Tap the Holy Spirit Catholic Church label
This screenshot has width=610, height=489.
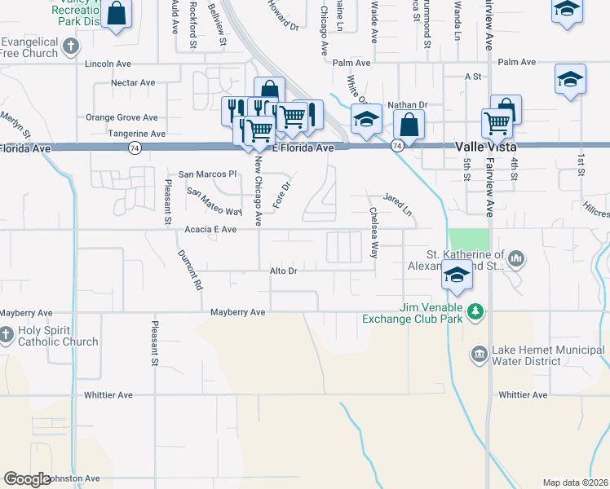point(55,336)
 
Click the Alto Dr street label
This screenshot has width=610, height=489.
point(282,270)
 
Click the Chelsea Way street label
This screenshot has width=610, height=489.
point(374,231)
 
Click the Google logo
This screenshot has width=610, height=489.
point(26,479)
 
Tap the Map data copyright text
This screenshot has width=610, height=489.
point(574,482)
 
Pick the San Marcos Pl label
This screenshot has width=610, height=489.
point(207,174)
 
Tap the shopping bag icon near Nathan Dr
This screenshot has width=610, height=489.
point(409,126)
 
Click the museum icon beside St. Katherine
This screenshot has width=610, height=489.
point(515,259)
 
